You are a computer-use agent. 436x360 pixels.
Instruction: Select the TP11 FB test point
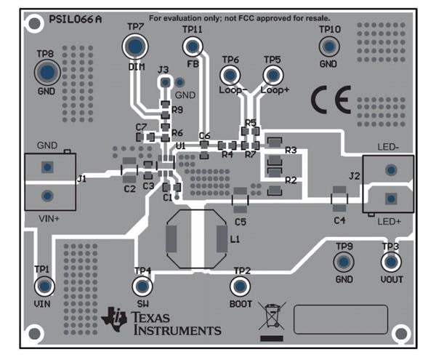[193, 47]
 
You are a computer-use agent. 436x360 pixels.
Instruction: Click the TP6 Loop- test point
[230, 75]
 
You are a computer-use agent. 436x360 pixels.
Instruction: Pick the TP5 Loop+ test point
[272, 75]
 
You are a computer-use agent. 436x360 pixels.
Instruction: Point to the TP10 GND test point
[328, 47]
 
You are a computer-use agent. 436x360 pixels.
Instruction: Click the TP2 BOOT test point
[241, 287]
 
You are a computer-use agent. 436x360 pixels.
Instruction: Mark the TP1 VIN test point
[44, 285]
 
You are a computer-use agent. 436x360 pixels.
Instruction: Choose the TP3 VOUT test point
[391, 263]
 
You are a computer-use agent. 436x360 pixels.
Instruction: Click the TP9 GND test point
[344, 263]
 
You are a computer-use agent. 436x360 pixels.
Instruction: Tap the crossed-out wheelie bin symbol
[272, 318]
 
